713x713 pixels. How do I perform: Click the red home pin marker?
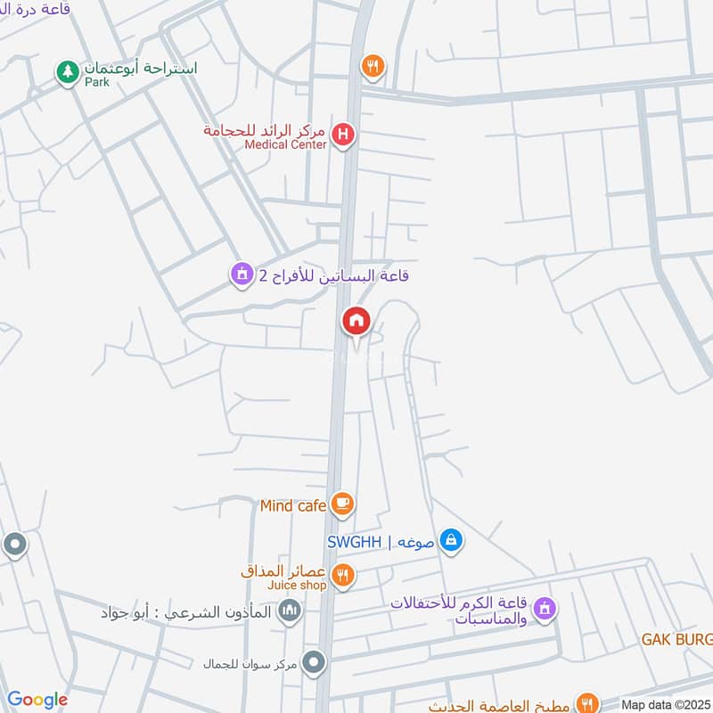point(356,321)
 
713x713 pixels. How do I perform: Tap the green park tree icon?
point(67,71)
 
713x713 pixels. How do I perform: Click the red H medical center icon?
point(342,136)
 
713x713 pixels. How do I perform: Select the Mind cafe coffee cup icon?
point(342,505)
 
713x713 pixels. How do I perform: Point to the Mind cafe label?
point(293,506)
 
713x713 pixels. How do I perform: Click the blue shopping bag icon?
point(452,540)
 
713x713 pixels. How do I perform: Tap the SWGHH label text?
point(354,542)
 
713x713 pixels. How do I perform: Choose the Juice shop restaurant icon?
point(342,575)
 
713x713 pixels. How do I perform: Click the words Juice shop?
point(296,586)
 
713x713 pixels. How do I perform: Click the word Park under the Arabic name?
point(96,82)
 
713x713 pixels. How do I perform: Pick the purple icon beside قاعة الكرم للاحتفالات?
point(545,611)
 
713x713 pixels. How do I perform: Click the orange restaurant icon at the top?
point(373,66)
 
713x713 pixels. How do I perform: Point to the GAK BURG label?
point(677,640)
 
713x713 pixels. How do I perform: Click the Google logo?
point(37,700)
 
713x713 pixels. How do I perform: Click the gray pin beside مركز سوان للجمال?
point(314,662)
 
